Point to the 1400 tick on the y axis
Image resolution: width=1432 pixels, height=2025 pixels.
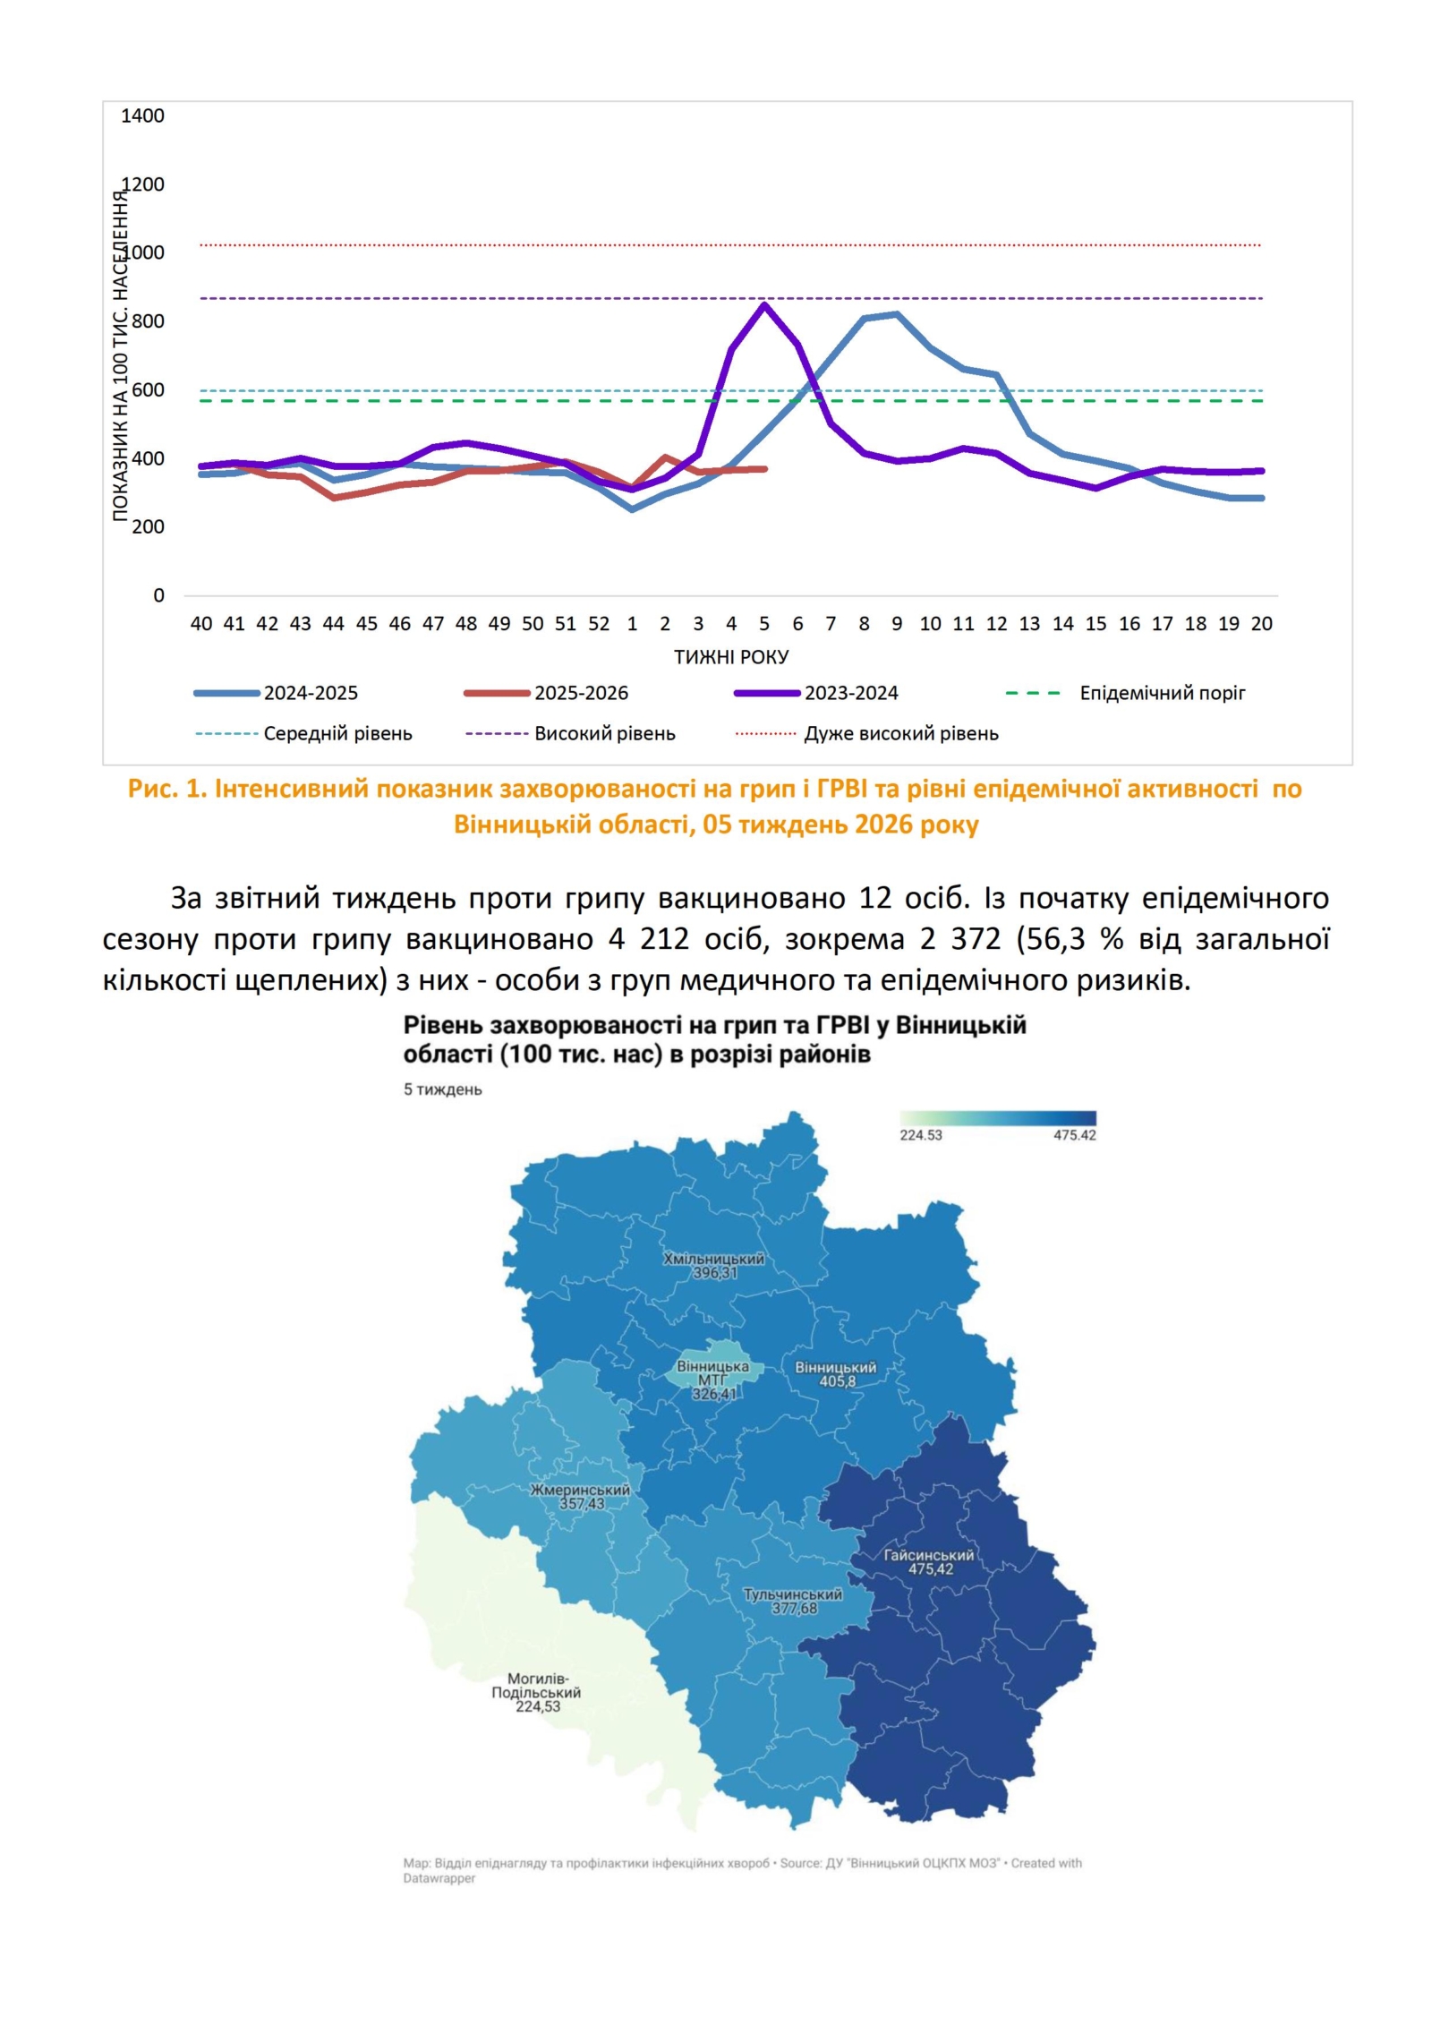(143, 115)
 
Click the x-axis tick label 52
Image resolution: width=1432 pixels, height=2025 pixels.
(599, 624)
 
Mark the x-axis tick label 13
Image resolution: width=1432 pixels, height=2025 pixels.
(1029, 624)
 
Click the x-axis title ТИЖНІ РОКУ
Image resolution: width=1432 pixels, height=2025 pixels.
(731, 657)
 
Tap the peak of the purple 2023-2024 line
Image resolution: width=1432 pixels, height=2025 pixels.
(764, 305)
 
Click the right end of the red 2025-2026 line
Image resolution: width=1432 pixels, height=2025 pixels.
(765, 468)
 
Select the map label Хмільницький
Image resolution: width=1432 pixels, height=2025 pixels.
(713, 1259)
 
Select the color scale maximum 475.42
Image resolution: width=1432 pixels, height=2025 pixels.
(1074, 1135)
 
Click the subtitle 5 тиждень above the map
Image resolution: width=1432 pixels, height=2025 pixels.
(442, 1089)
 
